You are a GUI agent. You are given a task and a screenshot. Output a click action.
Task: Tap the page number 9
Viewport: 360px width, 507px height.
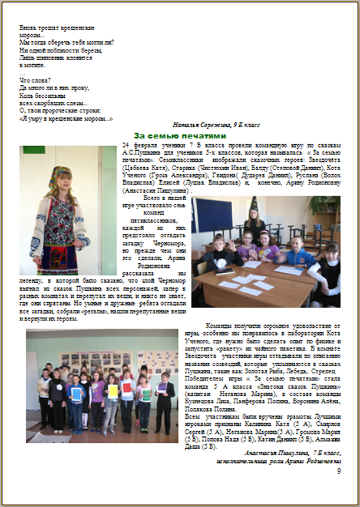point(338,471)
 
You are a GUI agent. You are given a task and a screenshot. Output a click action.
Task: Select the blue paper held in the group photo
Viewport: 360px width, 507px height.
point(75,392)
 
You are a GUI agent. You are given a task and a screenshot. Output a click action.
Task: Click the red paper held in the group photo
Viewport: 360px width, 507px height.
point(127,387)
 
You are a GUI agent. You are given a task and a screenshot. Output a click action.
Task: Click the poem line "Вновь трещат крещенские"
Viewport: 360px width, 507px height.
point(58,28)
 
